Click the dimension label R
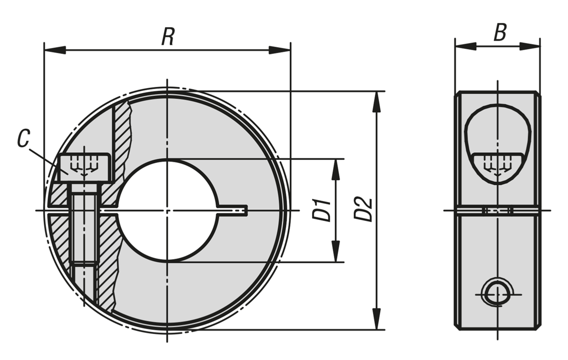(x=168, y=37)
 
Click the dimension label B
(x=500, y=33)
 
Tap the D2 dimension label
(x=364, y=209)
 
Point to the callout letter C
(x=23, y=139)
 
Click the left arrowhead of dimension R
(x=54, y=50)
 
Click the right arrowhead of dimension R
(x=280, y=50)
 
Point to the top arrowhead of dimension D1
(x=336, y=170)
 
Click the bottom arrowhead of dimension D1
(x=336, y=251)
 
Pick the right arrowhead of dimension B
(x=530, y=46)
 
